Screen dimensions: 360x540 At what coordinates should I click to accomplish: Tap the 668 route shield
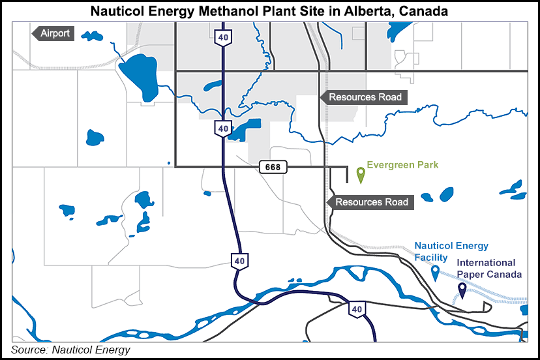273,167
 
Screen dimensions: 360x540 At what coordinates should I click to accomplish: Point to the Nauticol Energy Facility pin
436,273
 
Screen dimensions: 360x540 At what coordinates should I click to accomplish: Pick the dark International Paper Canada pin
462,291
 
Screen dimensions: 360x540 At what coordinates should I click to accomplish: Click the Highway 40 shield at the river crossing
356,309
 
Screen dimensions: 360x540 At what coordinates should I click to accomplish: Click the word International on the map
486,263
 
